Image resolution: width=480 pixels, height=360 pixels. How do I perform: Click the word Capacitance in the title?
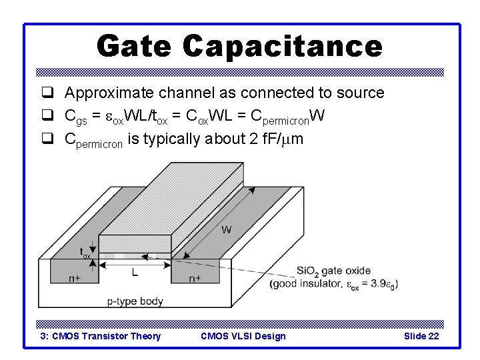(282, 46)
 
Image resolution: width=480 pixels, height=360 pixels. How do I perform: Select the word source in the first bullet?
(359, 93)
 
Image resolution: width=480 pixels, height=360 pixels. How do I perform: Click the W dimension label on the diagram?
(227, 230)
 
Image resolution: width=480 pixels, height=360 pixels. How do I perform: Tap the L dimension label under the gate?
(134, 272)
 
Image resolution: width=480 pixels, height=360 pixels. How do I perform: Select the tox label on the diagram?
(85, 253)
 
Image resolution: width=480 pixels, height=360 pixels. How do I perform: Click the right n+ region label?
(195, 278)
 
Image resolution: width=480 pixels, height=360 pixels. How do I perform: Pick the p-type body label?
(135, 301)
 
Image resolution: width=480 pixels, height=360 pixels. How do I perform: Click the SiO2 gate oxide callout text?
(333, 270)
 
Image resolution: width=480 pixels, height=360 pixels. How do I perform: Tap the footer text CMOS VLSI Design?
(243, 336)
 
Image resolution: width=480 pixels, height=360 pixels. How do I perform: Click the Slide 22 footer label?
(421, 336)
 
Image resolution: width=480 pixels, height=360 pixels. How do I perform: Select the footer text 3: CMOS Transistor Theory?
(101, 336)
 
